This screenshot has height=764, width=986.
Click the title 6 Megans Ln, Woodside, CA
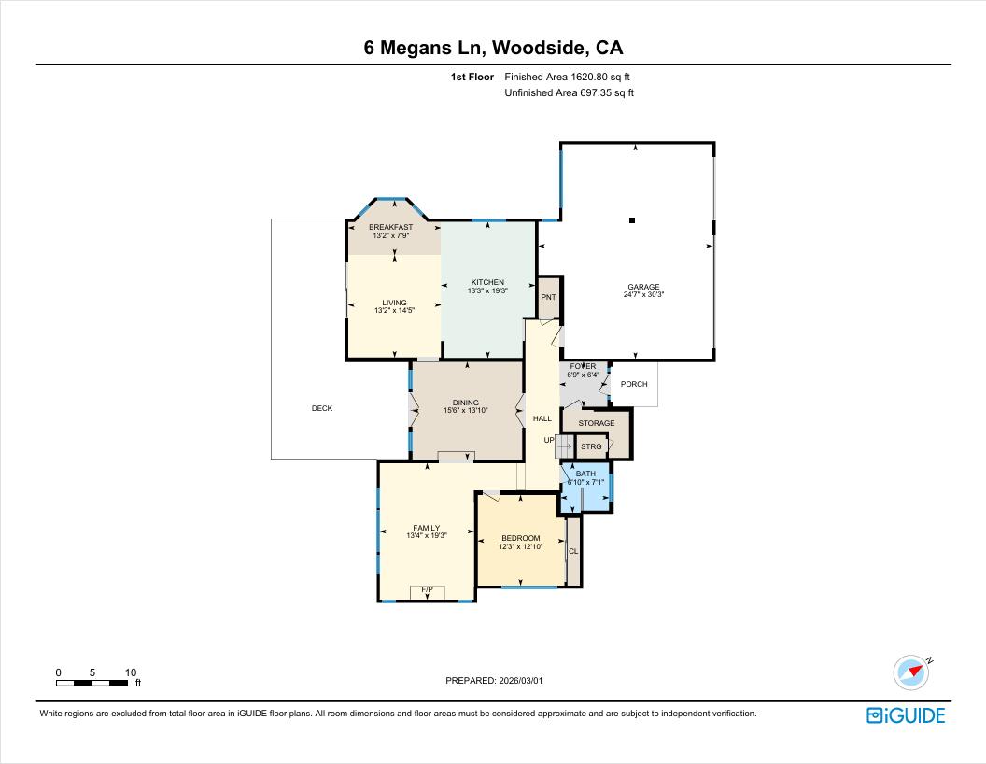493,48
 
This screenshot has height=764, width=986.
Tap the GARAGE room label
643,287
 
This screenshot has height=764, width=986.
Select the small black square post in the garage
632,220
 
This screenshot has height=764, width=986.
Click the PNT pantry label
548,298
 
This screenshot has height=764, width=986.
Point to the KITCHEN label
487,282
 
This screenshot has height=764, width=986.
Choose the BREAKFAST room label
390,227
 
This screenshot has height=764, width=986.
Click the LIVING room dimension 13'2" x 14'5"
394,310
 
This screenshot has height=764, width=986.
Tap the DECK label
321,408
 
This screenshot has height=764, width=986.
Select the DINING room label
466,403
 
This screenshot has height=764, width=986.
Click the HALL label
542,418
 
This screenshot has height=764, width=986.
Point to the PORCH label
634,384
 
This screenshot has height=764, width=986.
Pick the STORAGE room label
597,423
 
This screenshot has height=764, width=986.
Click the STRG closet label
591,446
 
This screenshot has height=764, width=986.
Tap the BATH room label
585,474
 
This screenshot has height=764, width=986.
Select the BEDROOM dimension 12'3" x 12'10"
520,546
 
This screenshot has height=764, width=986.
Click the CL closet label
573,551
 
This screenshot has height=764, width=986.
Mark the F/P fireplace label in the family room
428,589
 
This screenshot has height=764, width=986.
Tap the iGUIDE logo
906,715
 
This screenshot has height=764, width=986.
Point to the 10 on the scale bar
131,672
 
